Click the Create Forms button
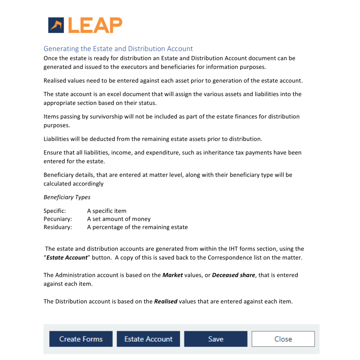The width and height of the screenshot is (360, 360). (81, 339)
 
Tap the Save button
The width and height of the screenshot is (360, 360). (215, 339)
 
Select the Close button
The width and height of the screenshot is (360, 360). (283, 339)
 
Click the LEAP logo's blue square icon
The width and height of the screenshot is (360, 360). (56, 25)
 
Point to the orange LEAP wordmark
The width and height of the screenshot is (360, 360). (95, 25)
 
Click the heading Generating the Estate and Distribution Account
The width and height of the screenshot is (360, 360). (118, 49)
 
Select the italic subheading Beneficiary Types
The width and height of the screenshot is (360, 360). (67, 197)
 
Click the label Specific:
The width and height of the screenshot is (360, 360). (54, 211)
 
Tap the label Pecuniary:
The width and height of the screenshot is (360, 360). (58, 219)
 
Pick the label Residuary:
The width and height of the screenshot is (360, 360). (58, 227)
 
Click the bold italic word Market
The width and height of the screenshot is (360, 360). (172, 275)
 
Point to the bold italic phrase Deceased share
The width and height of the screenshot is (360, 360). (233, 275)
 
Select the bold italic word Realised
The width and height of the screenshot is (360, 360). (166, 301)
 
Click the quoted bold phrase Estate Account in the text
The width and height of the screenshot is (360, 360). (67, 257)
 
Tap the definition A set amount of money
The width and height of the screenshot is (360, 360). (119, 219)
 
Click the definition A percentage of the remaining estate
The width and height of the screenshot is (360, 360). (137, 227)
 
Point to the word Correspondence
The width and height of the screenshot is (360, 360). (229, 257)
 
